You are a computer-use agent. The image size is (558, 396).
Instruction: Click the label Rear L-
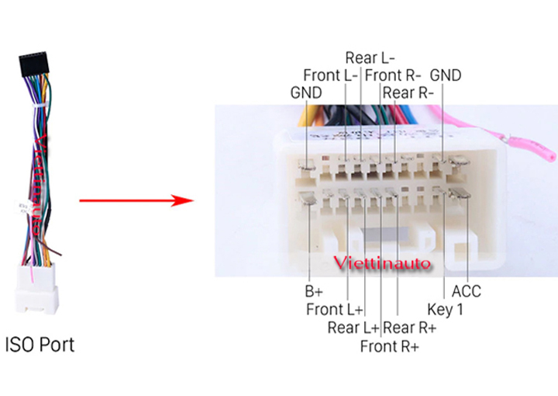pyautogui.click(x=370, y=57)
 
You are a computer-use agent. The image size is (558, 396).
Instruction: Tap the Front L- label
pyautogui.click(x=330, y=75)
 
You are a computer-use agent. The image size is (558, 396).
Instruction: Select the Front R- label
pyautogui.click(x=393, y=75)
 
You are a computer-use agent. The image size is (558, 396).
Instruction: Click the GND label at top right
pyautogui.click(x=446, y=75)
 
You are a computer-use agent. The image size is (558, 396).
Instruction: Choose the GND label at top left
pyautogui.click(x=306, y=93)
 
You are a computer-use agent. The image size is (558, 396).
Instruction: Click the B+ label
pyautogui.click(x=313, y=293)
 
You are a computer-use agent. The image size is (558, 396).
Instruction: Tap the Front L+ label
pyautogui.click(x=335, y=310)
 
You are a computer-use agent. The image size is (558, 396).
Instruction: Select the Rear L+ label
pyautogui.click(x=353, y=328)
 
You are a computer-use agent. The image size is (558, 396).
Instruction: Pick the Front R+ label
pyautogui.click(x=389, y=346)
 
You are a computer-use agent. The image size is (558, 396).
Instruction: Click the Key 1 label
pyautogui.click(x=446, y=310)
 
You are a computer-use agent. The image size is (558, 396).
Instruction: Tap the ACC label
pyautogui.click(x=467, y=292)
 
